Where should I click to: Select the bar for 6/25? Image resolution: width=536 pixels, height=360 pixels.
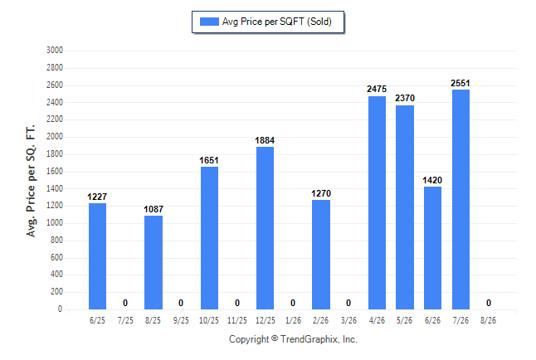click(x=97, y=256)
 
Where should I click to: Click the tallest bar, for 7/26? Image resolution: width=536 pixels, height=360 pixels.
click(x=460, y=199)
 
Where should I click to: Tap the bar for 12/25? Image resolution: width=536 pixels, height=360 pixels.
click(x=265, y=228)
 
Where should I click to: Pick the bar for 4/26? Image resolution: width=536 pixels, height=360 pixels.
click(x=377, y=202)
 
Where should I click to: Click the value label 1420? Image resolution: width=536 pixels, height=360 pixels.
click(x=432, y=180)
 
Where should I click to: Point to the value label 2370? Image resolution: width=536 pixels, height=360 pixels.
click(x=405, y=98)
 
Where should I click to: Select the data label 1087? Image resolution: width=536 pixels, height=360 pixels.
click(x=153, y=209)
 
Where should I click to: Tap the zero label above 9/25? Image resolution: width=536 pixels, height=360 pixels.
click(x=181, y=303)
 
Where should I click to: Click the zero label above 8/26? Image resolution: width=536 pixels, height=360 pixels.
click(x=489, y=303)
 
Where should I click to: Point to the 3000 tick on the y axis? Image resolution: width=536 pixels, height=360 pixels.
click(x=55, y=51)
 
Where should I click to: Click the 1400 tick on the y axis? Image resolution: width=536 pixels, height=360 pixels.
click(x=55, y=188)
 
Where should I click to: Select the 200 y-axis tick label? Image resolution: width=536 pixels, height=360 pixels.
click(x=56, y=292)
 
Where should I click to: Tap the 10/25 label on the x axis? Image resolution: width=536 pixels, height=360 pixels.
click(x=209, y=320)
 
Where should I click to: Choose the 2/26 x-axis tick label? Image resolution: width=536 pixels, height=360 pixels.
click(x=320, y=320)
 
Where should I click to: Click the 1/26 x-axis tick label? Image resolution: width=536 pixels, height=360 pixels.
click(x=293, y=320)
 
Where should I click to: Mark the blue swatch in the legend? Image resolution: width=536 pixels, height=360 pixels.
click(x=209, y=22)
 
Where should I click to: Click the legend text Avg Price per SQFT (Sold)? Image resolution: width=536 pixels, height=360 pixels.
click(x=277, y=22)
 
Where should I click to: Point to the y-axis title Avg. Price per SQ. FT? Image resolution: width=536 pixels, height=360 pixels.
click(x=31, y=181)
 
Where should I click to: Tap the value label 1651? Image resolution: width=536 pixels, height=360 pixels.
click(x=209, y=160)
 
